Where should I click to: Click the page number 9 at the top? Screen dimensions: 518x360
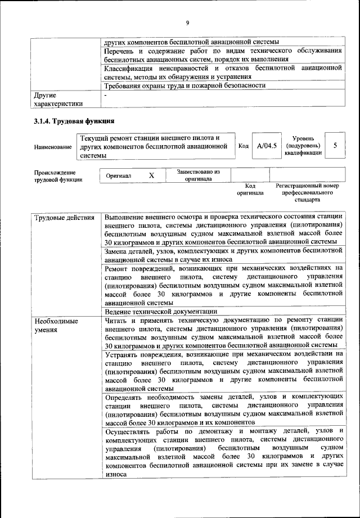tap(187, 22)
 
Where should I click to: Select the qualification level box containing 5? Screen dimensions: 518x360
tap(335, 146)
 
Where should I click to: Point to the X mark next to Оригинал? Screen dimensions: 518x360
tap(151, 175)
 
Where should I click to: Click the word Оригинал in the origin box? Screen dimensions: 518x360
tap(119, 176)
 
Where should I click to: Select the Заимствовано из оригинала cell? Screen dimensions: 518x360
tap(198, 175)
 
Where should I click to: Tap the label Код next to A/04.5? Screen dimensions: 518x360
tap(243, 146)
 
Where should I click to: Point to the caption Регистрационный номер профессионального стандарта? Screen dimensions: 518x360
tap(307, 192)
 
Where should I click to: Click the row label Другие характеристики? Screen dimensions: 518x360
tap(58, 100)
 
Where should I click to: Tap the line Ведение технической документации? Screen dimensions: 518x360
tap(161, 312)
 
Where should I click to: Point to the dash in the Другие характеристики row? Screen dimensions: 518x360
tap(106, 96)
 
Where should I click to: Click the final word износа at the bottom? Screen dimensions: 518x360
tap(116, 474)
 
